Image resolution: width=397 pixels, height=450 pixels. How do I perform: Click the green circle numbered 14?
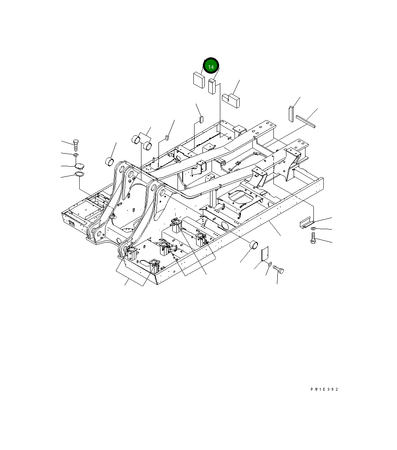tap(211, 67)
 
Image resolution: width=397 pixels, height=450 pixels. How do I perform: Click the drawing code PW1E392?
tap(324, 389)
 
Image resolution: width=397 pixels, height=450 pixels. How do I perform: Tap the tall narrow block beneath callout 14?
tap(212, 87)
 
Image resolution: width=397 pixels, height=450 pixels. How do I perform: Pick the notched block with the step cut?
tap(231, 100)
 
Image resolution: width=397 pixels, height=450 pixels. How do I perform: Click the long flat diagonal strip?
tap(305, 121)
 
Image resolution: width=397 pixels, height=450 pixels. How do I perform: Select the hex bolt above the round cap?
tap(76, 145)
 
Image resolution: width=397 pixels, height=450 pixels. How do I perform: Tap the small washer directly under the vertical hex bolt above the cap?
tap(76, 155)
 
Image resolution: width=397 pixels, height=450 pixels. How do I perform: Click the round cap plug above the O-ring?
tap(79, 166)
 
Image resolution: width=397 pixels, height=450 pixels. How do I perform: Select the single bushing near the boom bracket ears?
tap(109, 161)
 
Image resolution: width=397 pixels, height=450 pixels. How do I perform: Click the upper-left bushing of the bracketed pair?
tap(136, 139)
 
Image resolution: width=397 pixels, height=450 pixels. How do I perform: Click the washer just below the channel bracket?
tap(313, 229)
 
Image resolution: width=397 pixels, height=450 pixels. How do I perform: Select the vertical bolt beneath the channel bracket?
tap(313, 239)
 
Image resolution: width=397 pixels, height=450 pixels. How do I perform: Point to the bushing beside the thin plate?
tap(254, 245)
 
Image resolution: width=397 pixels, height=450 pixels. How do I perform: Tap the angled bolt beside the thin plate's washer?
tap(278, 271)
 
